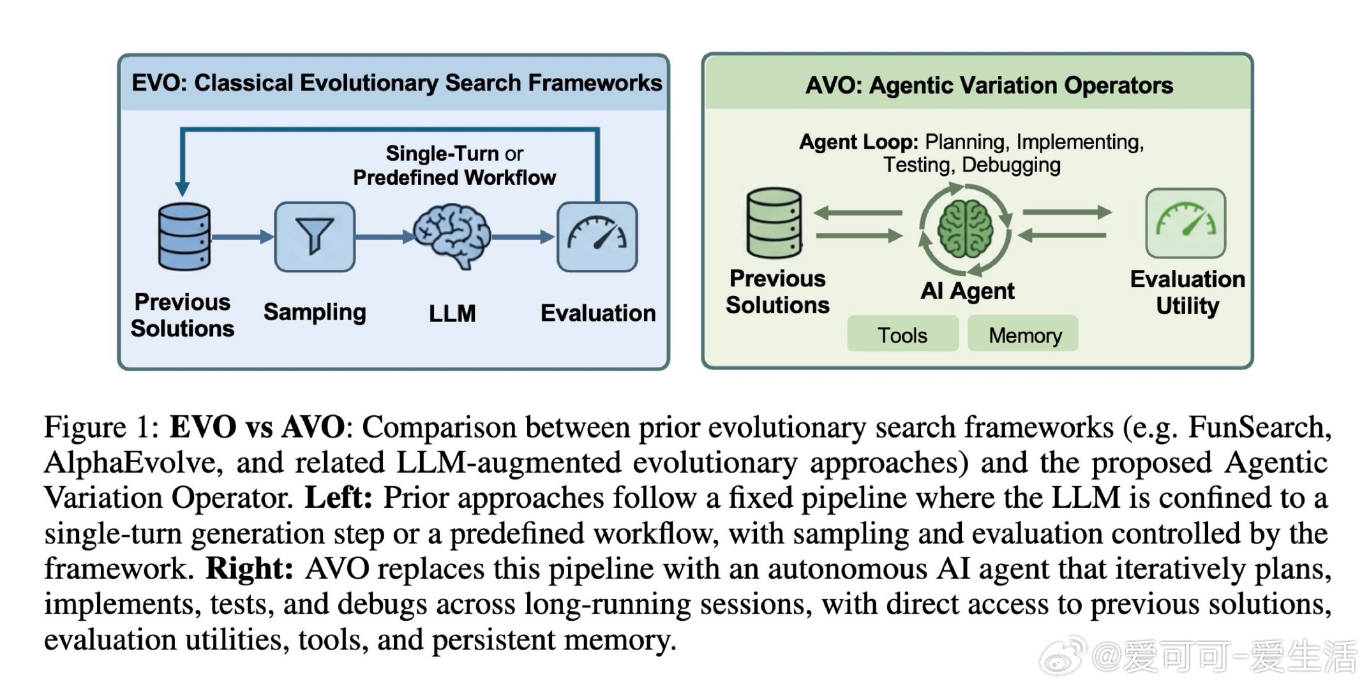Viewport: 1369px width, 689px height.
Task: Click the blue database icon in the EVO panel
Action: (x=184, y=237)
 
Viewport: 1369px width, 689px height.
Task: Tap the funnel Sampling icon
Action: (x=315, y=237)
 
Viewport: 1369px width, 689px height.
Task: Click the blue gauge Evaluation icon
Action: (x=597, y=237)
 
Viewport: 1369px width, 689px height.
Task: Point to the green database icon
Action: (x=774, y=223)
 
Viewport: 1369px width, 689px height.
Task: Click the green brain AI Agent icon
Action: (x=965, y=228)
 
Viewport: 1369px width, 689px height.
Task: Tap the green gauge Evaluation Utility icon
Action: (x=1186, y=223)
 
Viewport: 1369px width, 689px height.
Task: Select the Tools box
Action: (x=902, y=334)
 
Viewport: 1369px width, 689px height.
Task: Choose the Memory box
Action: (x=1024, y=334)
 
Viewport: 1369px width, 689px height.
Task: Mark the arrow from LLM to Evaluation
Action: (x=522, y=237)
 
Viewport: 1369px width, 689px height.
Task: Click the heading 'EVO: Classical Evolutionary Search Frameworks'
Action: (x=396, y=83)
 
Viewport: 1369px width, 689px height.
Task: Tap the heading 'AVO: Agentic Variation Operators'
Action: (x=989, y=85)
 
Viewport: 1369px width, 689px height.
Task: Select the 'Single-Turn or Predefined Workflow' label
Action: (x=454, y=165)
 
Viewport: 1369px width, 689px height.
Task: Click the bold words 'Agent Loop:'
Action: (x=858, y=142)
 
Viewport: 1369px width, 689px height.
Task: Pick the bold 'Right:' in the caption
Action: (x=250, y=569)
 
